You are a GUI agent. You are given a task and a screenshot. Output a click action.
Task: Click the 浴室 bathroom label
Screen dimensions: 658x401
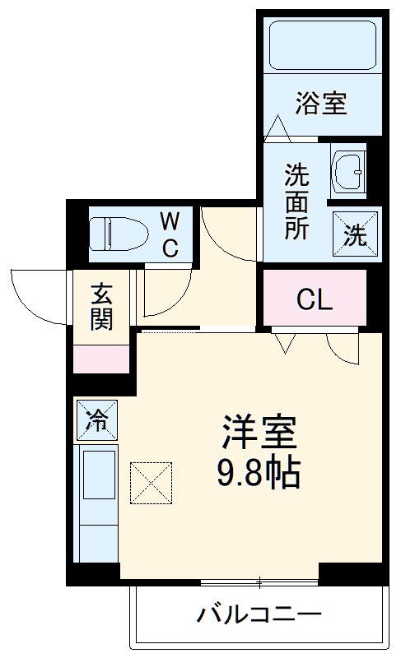tap(321, 103)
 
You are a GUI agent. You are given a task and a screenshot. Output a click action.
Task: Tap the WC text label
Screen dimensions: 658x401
tap(169, 234)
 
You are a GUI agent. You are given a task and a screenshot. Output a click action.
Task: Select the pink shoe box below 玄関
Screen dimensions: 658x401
tap(102, 359)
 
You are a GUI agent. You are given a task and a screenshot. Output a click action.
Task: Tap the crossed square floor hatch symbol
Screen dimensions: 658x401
tap(152, 482)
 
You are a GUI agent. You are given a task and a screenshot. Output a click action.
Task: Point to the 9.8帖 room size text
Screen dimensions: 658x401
tap(257, 472)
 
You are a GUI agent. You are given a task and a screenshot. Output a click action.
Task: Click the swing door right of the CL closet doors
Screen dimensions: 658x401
tap(343, 348)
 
